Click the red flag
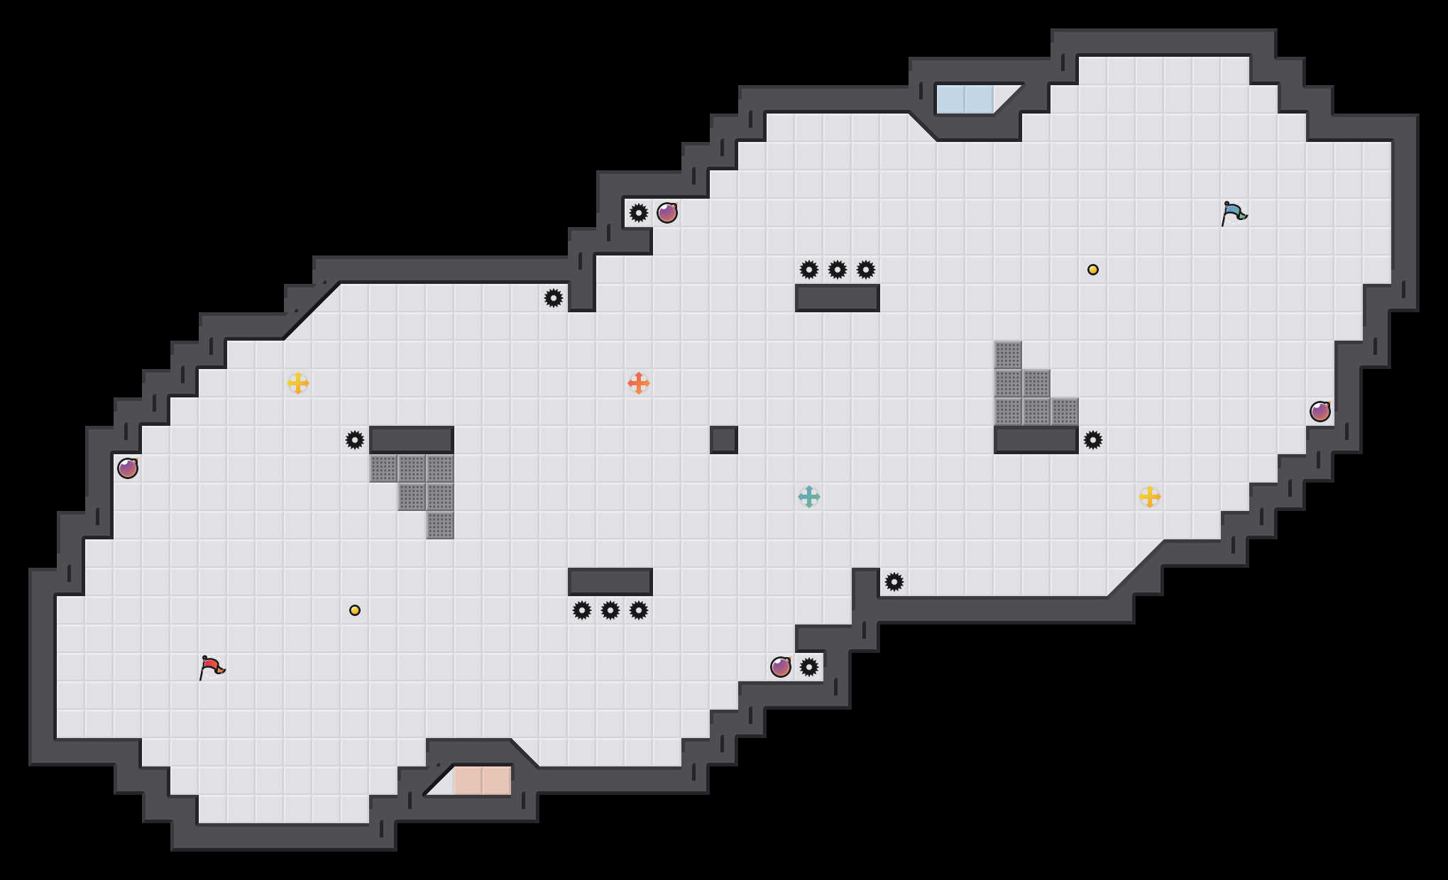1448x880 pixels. [x=212, y=667]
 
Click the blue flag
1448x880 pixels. [x=1234, y=213]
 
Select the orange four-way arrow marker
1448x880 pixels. [x=639, y=383]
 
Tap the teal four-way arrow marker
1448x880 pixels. [x=809, y=497]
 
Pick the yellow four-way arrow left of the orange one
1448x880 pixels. [x=298, y=383]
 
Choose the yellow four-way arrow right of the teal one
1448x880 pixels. [x=1150, y=497]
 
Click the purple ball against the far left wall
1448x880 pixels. [x=128, y=468]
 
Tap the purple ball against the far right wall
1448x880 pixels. [x=1320, y=412]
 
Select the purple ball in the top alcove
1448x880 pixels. [x=667, y=213]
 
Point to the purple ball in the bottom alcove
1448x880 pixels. [x=781, y=667]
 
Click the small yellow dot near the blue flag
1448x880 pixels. [x=1093, y=270]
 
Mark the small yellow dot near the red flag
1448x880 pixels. [x=355, y=610]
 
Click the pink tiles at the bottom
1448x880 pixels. [x=483, y=781]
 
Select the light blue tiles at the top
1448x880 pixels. [x=965, y=99]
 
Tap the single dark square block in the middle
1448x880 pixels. [x=724, y=440]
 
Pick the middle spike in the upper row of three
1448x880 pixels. [x=838, y=270]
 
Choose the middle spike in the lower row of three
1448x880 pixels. [x=610, y=610]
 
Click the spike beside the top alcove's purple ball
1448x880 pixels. [x=639, y=213]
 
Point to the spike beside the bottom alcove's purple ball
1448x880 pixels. [x=809, y=667]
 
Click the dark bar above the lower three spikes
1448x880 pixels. [x=610, y=582]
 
